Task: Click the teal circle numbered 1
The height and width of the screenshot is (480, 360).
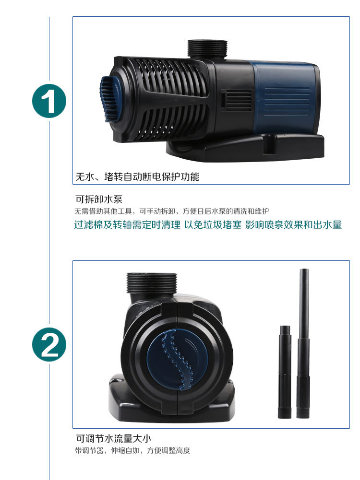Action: point(49,101)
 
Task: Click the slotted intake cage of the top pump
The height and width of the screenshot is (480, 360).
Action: point(158,96)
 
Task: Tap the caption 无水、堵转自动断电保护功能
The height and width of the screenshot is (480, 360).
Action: point(137,176)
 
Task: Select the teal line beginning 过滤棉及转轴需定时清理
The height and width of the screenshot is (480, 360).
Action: point(127,225)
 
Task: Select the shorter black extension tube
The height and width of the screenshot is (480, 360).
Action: point(284,369)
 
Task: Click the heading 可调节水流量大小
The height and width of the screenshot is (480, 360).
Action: point(114,438)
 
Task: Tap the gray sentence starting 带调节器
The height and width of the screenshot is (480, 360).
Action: point(132,451)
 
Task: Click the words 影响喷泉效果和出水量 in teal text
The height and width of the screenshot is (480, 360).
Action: point(293,225)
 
